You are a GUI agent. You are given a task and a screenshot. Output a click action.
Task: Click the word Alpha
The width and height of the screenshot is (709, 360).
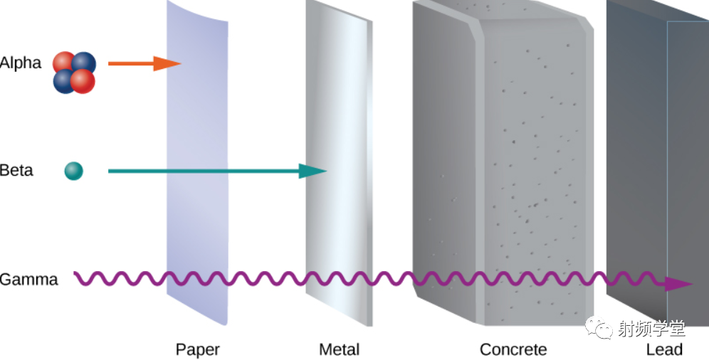(21, 63)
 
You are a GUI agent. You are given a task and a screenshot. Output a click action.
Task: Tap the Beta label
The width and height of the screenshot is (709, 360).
(16, 171)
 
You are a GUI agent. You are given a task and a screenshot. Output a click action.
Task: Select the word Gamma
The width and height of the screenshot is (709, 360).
(29, 280)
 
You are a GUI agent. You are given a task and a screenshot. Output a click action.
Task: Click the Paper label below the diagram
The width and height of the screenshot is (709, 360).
(198, 349)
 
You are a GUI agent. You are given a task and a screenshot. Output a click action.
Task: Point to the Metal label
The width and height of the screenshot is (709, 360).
(339, 349)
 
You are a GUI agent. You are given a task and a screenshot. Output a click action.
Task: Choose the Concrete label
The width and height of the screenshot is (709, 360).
(513, 349)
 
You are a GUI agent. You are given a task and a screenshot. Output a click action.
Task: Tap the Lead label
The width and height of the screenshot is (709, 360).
(663, 349)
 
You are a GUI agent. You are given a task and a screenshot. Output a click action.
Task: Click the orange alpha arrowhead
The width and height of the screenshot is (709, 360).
(167, 64)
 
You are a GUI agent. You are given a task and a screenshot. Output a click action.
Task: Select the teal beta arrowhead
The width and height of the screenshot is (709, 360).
(313, 171)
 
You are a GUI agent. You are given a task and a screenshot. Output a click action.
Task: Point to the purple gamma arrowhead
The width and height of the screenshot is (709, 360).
(679, 284)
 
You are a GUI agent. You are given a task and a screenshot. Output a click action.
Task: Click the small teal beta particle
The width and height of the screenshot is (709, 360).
(74, 171)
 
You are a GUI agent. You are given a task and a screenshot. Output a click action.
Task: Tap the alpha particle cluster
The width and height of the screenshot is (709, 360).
(74, 73)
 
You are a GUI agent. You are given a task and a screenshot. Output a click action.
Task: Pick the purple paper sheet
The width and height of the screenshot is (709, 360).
(197, 163)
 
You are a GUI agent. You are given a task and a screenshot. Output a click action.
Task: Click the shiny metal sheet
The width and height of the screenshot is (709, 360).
(339, 163)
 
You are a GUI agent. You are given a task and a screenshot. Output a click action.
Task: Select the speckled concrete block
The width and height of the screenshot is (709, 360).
(503, 163)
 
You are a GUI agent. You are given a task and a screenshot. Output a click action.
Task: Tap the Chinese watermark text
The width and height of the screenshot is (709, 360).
(651, 329)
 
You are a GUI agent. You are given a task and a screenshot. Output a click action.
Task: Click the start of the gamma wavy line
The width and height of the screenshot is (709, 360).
(75, 272)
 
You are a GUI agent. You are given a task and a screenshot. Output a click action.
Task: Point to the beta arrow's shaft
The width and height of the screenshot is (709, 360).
(204, 171)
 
